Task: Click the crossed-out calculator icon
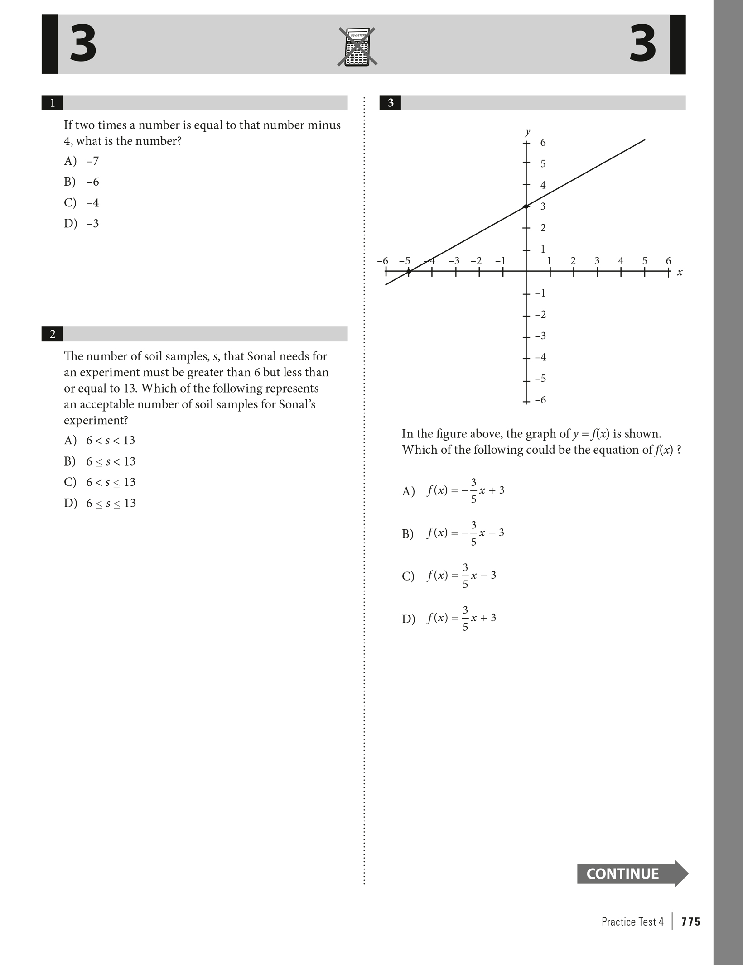coord(357,47)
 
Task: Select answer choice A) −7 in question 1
coord(82,161)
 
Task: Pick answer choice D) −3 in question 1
coord(82,224)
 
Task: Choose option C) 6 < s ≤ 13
coord(100,482)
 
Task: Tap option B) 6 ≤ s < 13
coord(100,461)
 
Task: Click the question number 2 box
coord(53,334)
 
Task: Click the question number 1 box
coord(53,103)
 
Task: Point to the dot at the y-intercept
coord(526,206)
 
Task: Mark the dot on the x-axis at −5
coord(409,272)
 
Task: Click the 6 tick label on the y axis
coord(543,143)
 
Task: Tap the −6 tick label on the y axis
coord(540,400)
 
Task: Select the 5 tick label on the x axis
coord(645,261)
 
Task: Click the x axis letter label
coord(680,273)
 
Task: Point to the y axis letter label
coord(527,132)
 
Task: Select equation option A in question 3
coord(454,491)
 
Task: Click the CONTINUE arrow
coord(632,874)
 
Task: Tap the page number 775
coord(691,922)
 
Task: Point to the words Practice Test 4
coord(632,922)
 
